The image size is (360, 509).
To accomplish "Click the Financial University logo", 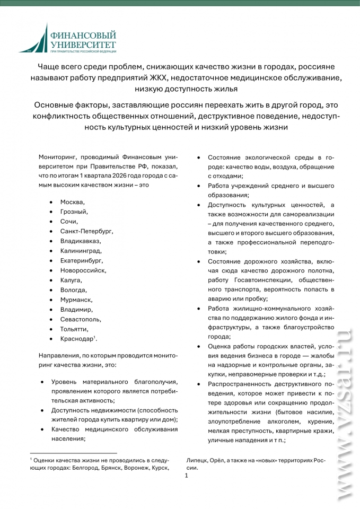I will click(67, 39).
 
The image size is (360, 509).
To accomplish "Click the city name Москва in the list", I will click(73, 202).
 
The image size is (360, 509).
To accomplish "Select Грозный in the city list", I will click(74, 212).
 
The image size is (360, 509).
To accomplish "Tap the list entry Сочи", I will click(69, 222).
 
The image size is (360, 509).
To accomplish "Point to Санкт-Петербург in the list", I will click(86, 231).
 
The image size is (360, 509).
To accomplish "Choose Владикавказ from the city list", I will click(80, 241).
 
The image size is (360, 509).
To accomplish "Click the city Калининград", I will click(81, 251).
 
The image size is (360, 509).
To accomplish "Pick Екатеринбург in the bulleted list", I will click(82, 260).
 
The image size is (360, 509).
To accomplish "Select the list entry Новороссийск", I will click(83, 270).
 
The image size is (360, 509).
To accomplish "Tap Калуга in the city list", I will click(71, 280).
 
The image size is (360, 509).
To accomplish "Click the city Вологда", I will click(73, 290).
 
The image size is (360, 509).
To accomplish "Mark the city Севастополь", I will click(81, 319).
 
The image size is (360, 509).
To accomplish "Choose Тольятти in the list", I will click(74, 329).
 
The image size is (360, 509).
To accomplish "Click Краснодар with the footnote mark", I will click(78, 339).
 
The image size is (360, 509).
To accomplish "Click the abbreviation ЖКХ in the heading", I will click(168, 78).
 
